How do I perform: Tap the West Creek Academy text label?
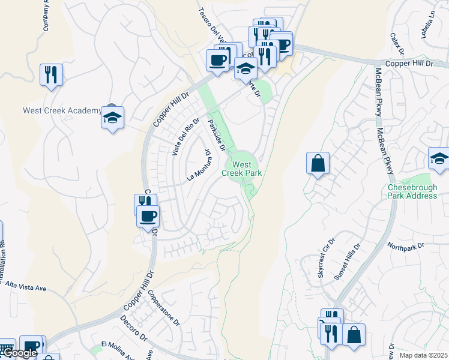[62, 110]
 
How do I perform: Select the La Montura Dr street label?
[201, 164]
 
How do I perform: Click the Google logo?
[19, 353]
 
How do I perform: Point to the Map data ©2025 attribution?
[423, 355]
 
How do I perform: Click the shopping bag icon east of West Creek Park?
[318, 163]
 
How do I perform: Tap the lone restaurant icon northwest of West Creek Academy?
[51, 75]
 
